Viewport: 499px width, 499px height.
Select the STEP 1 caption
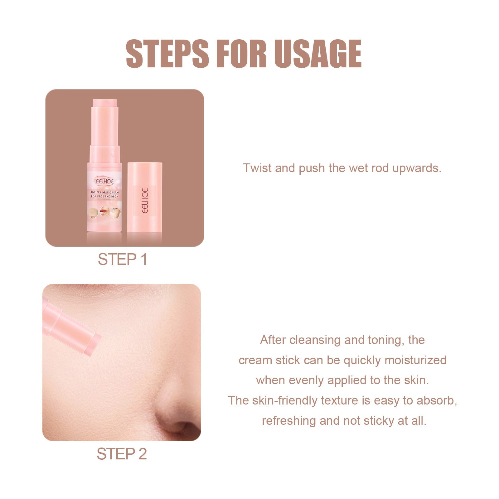tap(122, 259)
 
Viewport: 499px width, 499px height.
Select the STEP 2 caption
tap(122, 454)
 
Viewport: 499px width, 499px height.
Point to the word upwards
tap(416, 168)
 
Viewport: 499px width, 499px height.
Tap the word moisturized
tap(415, 360)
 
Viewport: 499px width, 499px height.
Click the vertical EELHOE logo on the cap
tap(145, 200)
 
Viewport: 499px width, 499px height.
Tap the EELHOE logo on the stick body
tap(105, 181)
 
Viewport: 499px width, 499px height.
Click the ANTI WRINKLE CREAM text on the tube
tap(105, 192)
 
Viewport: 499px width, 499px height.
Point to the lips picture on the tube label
tap(104, 212)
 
